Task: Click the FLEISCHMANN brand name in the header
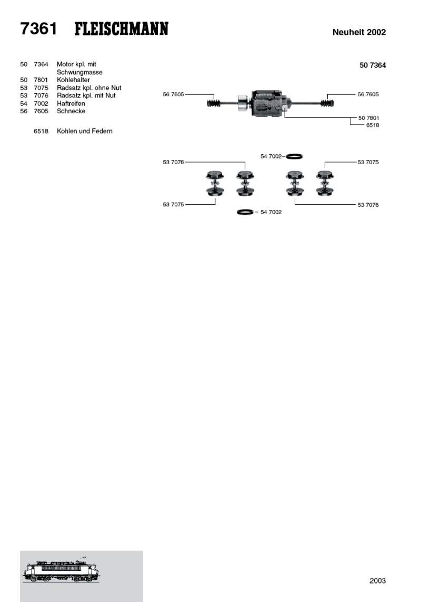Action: pyautogui.click(x=121, y=29)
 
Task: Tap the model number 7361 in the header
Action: pyautogui.click(x=38, y=29)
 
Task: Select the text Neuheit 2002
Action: pyautogui.click(x=359, y=32)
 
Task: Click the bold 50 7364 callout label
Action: pyautogui.click(x=373, y=65)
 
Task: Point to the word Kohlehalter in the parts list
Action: pyautogui.click(x=73, y=80)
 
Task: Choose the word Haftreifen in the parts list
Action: pyautogui.click(x=71, y=104)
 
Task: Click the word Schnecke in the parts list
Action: pyautogui.click(x=71, y=111)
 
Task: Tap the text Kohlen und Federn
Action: pyautogui.click(x=84, y=131)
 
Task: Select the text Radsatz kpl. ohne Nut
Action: pyautogui.click(x=89, y=88)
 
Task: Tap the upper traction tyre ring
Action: pyautogui.click(x=294, y=156)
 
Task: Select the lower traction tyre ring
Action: pyautogui.click(x=245, y=212)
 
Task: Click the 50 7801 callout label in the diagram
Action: pyautogui.click(x=368, y=118)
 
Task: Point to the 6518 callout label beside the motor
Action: pyautogui.click(x=373, y=125)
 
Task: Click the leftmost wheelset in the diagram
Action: pyautogui.click(x=214, y=184)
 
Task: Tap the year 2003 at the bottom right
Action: pyautogui.click(x=377, y=580)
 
